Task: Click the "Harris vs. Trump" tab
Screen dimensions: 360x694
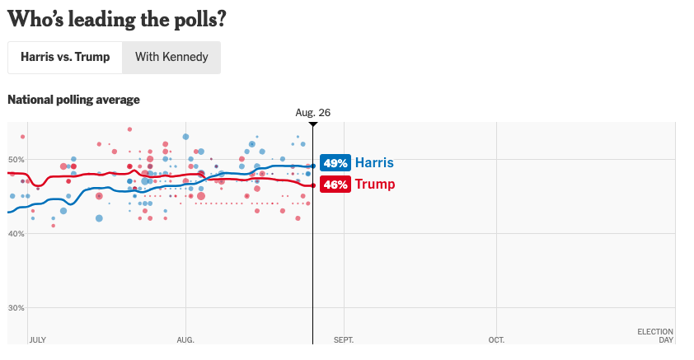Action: tap(65, 58)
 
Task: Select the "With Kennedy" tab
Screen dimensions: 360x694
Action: tap(171, 58)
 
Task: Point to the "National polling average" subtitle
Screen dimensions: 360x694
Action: tap(73, 100)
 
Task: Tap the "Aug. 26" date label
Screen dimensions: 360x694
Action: tap(313, 112)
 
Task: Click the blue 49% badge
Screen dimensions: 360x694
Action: tap(335, 163)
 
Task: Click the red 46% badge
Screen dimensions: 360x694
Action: tap(335, 185)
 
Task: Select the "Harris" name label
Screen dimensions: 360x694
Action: tap(374, 163)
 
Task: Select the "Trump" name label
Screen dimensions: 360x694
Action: tap(374, 185)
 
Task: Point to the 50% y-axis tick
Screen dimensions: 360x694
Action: tap(16, 159)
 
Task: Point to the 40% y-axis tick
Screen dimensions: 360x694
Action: tap(16, 234)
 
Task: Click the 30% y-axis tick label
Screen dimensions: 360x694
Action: tap(16, 308)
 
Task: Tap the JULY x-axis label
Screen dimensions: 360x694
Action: tap(37, 339)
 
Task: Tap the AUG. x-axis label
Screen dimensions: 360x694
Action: tap(185, 339)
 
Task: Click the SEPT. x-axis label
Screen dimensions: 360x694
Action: tap(344, 339)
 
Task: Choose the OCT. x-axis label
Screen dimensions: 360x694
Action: tap(496, 339)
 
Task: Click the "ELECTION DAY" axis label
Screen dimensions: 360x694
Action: tap(656, 335)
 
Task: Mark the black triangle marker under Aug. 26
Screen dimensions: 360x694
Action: tap(313, 124)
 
